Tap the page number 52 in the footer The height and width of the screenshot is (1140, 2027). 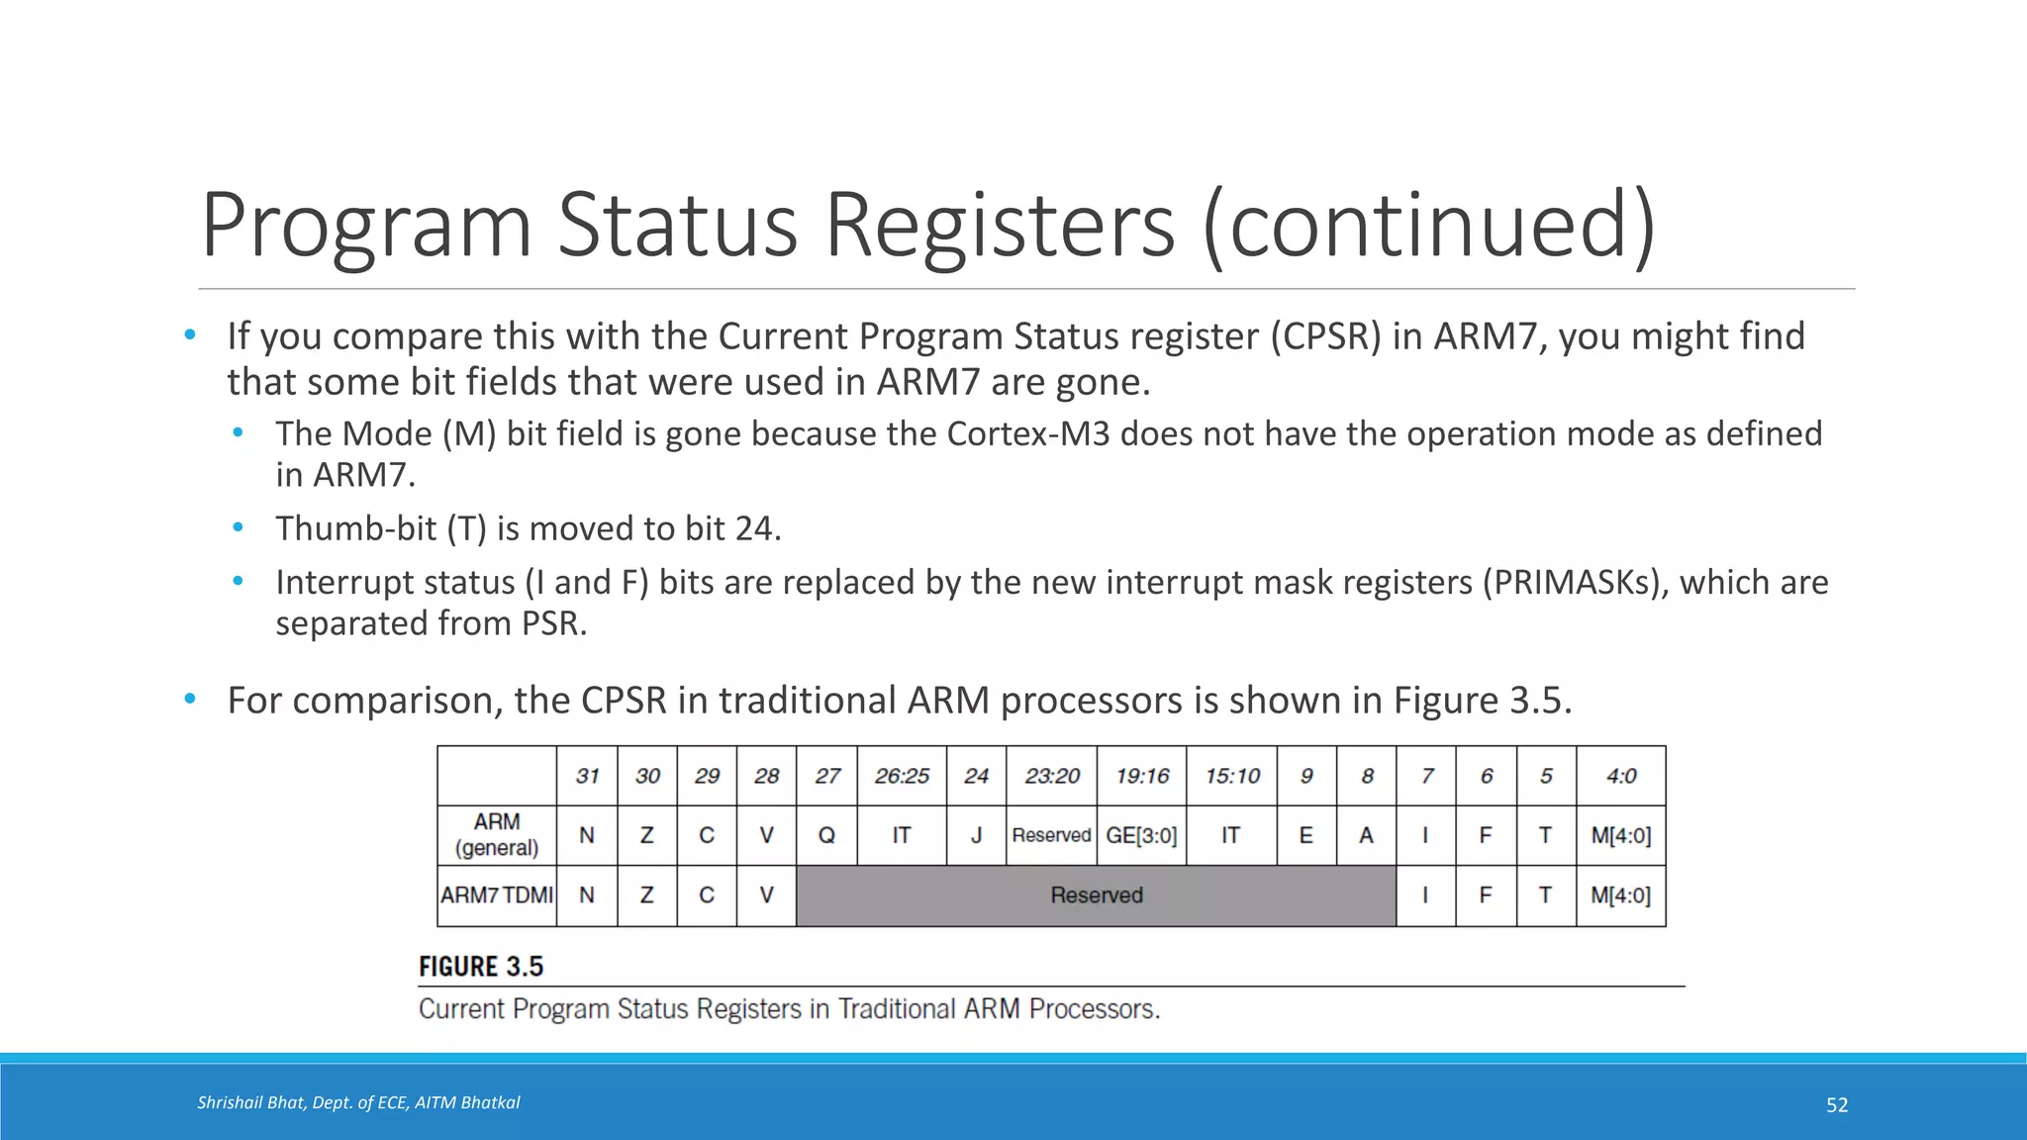pyautogui.click(x=1836, y=1105)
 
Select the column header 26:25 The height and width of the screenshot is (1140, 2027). pyautogui.click(x=902, y=776)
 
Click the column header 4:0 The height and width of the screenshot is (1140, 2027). pyautogui.click(x=1620, y=776)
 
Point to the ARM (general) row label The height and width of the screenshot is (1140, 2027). pyautogui.click(x=497, y=835)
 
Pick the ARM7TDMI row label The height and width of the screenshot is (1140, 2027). pyautogui.click(x=497, y=896)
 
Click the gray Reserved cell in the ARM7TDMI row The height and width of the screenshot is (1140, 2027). pyautogui.click(x=1096, y=896)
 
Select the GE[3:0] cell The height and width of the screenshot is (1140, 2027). pyautogui.click(x=1141, y=835)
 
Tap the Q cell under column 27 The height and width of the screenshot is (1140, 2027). pyautogui.click(x=826, y=835)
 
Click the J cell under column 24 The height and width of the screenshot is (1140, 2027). pyautogui.click(x=976, y=835)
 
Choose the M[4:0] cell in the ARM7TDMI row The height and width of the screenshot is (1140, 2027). pyautogui.click(x=1620, y=896)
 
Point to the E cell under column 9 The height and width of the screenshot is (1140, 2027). pyautogui.click(x=1306, y=835)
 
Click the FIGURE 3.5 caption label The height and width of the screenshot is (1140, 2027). pyautogui.click(x=481, y=967)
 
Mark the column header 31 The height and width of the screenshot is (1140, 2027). pyautogui.click(x=587, y=776)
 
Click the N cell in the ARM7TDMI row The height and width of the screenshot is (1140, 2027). pyautogui.click(x=587, y=896)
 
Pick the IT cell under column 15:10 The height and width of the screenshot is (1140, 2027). pyautogui.click(x=1230, y=835)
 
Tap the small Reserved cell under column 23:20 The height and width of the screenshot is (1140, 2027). pyautogui.click(x=1051, y=835)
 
